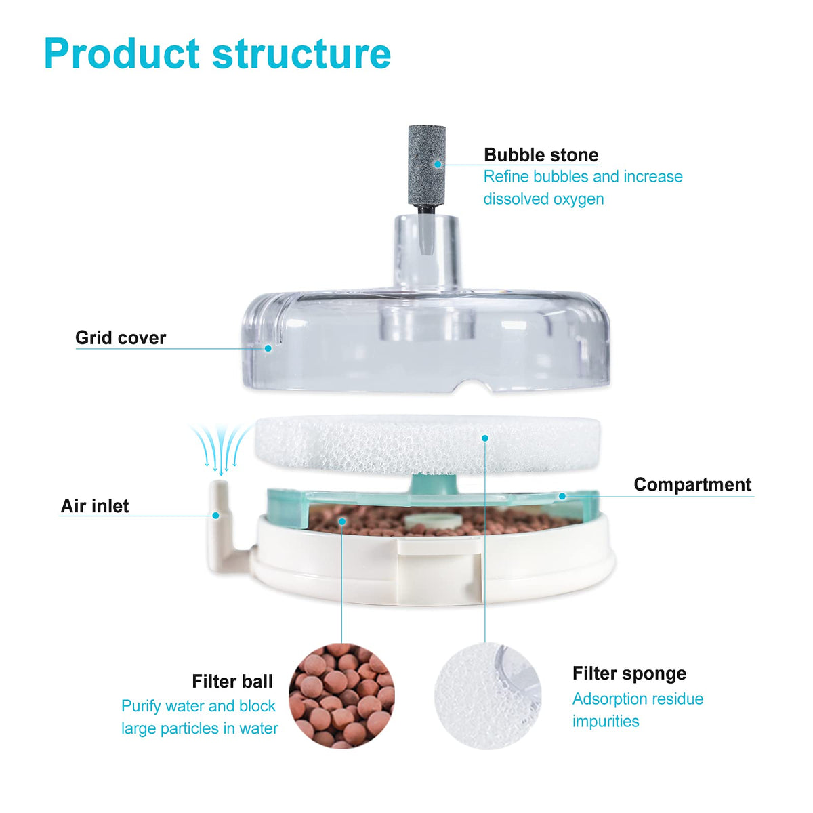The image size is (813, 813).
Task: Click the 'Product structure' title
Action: click(217, 54)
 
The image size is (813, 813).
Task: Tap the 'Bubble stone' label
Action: click(541, 155)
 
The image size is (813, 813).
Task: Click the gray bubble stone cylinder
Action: click(427, 165)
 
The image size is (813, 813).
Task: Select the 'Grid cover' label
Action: click(121, 337)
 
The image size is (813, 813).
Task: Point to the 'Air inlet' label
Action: click(95, 506)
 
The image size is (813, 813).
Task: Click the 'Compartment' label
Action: click(692, 484)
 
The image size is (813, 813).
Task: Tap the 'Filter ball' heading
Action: click(232, 682)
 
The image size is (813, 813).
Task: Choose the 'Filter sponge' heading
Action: click(629, 673)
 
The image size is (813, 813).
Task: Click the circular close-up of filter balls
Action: click(341, 696)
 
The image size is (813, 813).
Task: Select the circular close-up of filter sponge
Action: click(488, 696)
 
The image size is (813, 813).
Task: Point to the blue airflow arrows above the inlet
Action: click(220, 449)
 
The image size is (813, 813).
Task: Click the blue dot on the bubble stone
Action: click(438, 164)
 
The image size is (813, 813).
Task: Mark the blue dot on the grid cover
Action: click(268, 348)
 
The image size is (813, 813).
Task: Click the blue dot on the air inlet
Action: click(215, 515)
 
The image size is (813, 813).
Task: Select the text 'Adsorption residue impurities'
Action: click(638, 710)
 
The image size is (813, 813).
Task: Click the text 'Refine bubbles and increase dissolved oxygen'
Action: click(583, 187)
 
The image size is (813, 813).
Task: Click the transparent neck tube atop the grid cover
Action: click(426, 253)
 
